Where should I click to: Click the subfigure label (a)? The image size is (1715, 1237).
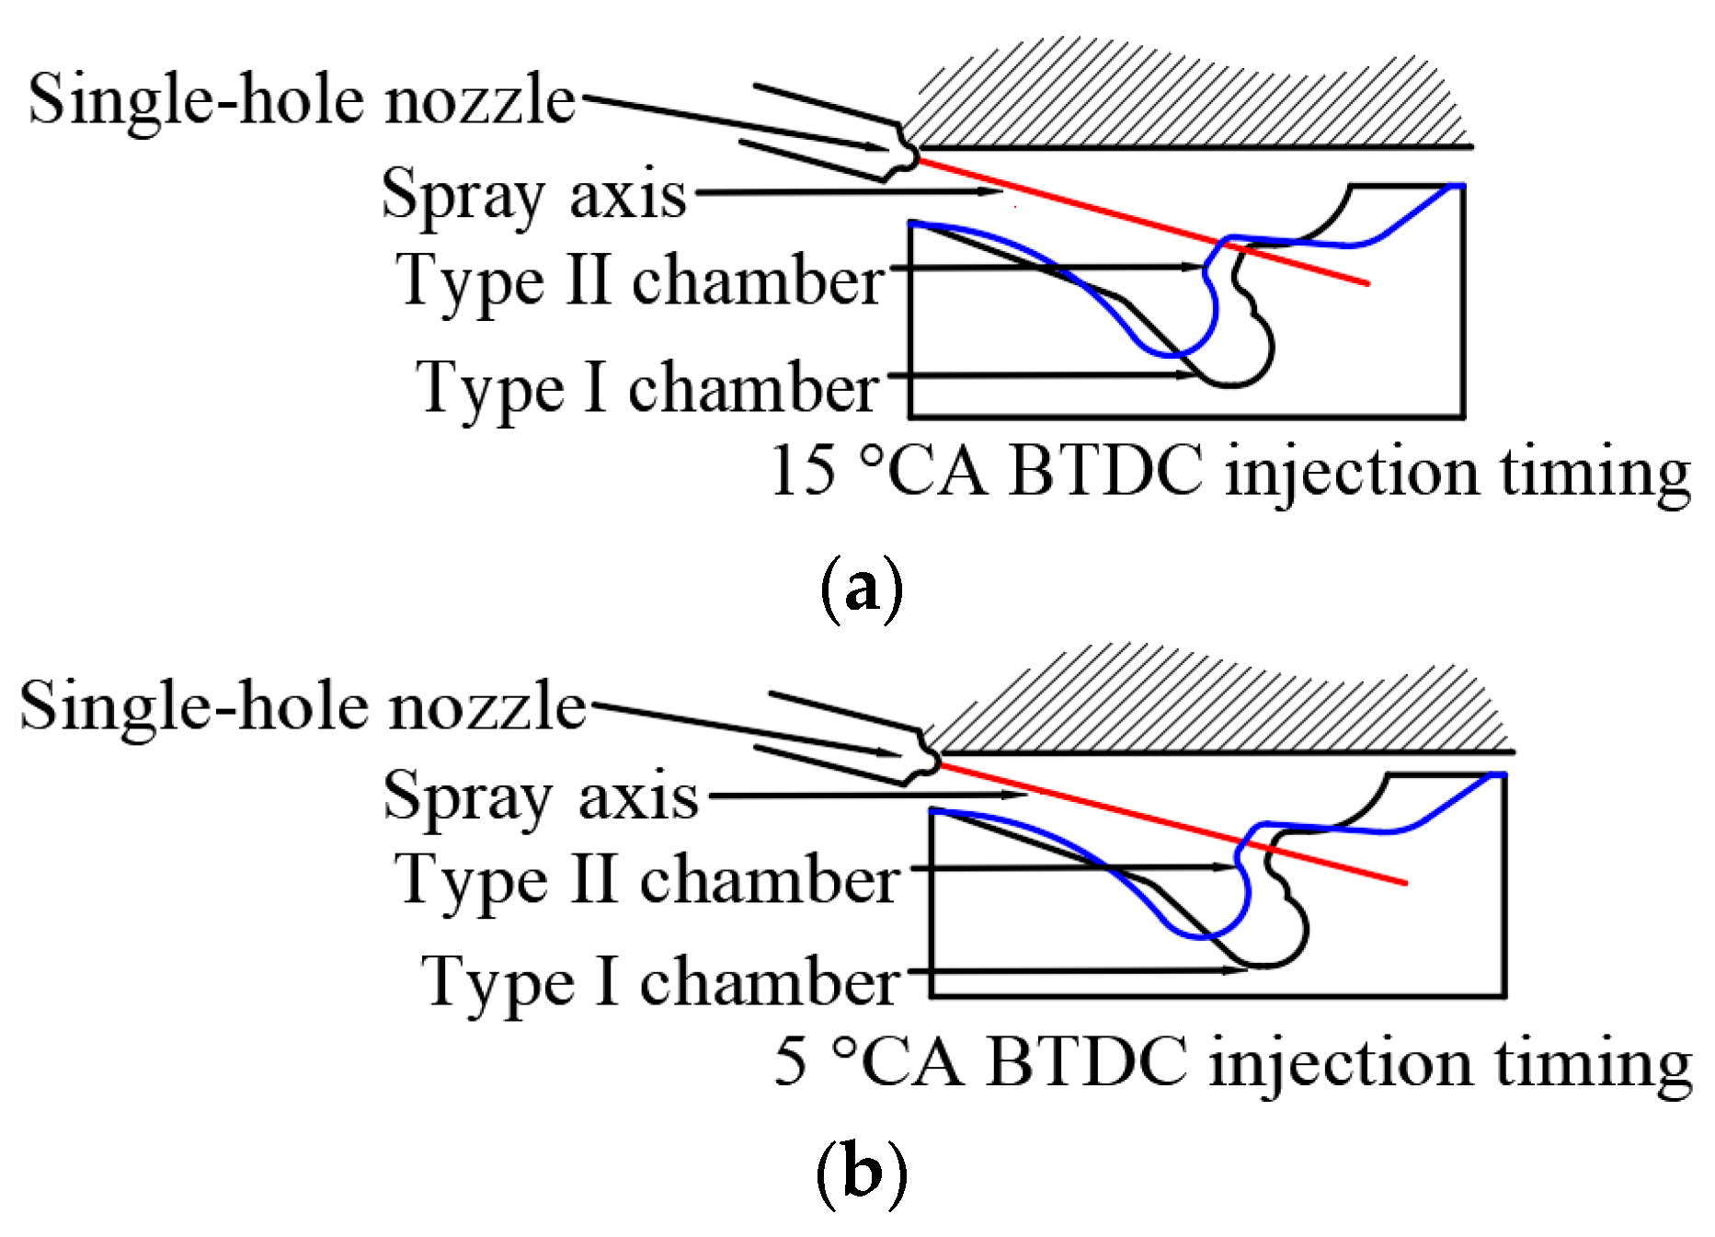(x=862, y=589)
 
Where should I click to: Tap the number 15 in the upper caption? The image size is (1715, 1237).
(x=804, y=471)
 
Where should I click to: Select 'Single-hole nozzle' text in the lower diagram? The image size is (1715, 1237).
(x=303, y=706)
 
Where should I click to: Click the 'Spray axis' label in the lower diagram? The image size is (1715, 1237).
(x=541, y=796)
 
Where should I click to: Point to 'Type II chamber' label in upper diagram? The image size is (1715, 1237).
(x=640, y=281)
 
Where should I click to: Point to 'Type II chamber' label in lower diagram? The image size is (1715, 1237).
(x=646, y=880)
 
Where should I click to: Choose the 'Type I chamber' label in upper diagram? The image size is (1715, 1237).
(x=647, y=387)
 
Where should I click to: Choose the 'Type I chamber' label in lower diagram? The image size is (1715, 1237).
(x=660, y=981)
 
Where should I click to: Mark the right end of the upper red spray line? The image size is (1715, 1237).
(x=1367, y=282)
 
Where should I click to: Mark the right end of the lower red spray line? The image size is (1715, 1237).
(x=1404, y=883)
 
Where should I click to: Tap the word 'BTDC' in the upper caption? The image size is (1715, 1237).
(x=1105, y=471)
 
